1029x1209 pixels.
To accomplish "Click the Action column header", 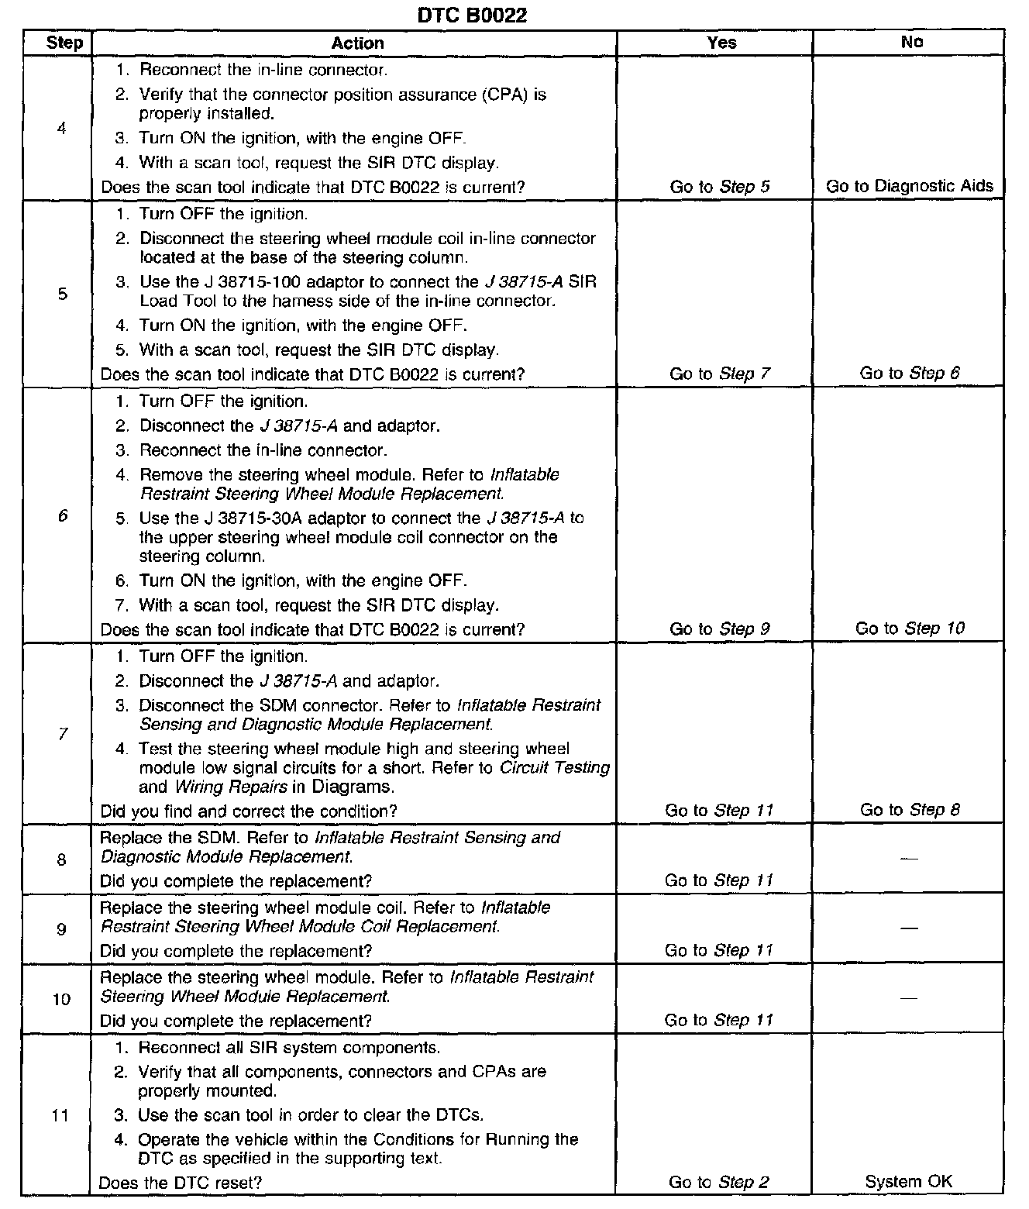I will coord(357,43).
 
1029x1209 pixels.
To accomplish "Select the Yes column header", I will coord(721,43).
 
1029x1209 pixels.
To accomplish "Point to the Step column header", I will coord(64,43).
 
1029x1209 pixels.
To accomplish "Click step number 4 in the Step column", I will coord(61,129).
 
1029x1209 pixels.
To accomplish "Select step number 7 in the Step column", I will coord(62,734).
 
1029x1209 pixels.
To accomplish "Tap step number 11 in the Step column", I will coord(60,1116).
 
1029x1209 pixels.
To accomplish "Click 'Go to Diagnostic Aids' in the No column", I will coord(910,186).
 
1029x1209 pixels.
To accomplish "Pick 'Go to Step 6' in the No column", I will coord(910,374).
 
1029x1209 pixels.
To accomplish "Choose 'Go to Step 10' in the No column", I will coord(910,629).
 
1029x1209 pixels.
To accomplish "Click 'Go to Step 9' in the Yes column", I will coord(720,629).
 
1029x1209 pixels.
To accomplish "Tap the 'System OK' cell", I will coord(909,1182).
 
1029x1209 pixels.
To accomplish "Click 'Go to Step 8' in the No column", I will coord(910,811).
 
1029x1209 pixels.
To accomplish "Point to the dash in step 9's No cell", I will coord(910,929).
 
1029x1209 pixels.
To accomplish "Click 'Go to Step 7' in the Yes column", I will coord(720,374).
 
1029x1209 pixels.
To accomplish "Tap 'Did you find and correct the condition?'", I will coord(249,811).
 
